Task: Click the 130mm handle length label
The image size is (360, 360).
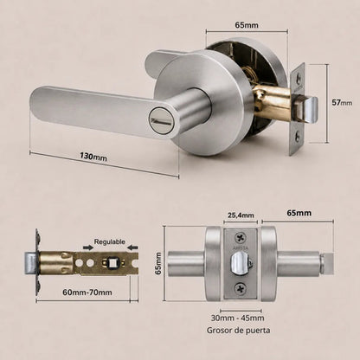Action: coord(93,157)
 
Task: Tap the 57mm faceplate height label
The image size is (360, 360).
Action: coord(342,102)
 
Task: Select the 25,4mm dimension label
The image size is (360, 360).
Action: coord(241,215)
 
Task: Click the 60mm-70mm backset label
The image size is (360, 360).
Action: coord(87,292)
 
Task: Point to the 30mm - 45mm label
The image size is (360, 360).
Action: coord(238,318)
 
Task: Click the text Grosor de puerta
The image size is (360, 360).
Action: coord(239,331)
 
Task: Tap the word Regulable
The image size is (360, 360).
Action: coord(110,241)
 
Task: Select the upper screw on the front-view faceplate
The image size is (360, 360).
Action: coord(241,238)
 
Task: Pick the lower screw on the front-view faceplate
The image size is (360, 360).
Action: coord(241,289)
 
